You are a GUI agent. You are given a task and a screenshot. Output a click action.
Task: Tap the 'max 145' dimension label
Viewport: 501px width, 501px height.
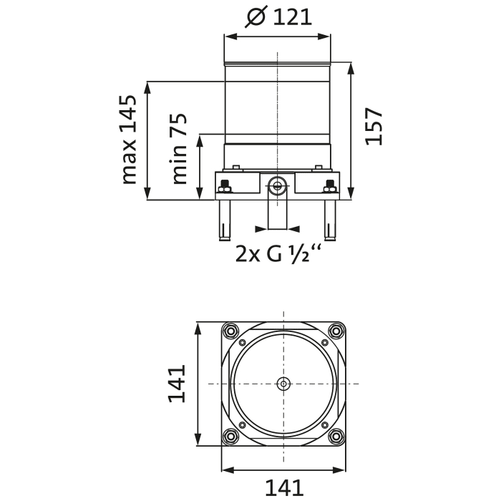pos(129,139)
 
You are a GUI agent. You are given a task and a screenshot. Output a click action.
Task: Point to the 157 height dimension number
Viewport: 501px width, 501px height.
pos(374,126)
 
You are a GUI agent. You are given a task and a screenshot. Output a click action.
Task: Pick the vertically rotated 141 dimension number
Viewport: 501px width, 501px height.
pos(177,384)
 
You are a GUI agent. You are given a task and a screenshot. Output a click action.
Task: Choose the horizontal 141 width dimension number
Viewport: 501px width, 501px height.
pos(284,488)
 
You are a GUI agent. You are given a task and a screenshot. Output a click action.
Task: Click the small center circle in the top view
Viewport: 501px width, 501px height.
pos(284,384)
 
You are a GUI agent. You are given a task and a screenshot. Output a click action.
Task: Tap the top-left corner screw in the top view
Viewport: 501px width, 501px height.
pos(230,331)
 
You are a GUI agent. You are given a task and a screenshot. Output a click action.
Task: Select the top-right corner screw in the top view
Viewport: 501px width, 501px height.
pos(336,331)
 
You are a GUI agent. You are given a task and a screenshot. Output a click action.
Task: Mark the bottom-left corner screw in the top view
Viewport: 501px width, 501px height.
pos(230,436)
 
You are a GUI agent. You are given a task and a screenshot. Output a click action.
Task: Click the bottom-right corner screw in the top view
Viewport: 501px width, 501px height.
pos(336,436)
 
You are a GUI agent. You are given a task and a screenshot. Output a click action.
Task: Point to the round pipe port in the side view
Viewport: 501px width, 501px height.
pos(277,187)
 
